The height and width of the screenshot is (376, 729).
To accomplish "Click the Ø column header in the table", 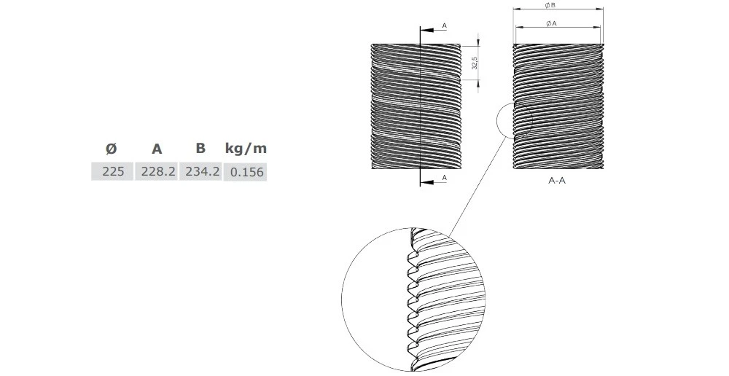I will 111,149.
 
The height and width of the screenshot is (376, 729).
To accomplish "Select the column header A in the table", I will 156,149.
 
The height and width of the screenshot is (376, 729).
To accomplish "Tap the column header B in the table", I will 200,149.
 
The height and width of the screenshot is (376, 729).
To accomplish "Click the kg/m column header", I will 246,149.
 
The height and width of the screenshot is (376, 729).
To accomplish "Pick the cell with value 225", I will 112,173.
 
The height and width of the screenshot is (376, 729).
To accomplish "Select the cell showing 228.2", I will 156,173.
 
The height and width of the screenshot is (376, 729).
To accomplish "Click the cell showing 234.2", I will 200,173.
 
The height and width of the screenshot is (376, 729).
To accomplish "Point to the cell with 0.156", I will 246,173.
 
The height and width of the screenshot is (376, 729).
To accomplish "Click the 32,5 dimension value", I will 475,63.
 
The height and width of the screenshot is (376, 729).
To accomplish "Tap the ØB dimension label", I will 558,5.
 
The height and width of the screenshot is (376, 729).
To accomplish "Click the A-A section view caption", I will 557,179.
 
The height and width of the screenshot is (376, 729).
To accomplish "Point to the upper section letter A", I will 445,26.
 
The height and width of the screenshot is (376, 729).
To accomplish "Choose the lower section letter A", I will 445,177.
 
